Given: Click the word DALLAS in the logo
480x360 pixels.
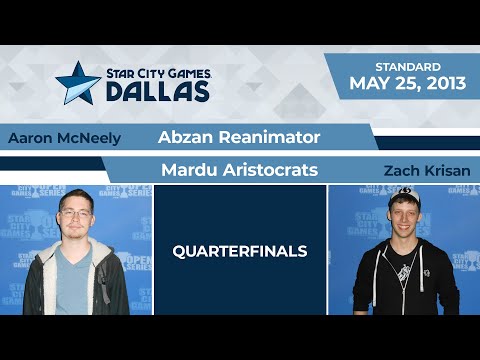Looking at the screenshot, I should tap(159, 92).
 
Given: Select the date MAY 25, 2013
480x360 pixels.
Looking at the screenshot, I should tap(407, 83).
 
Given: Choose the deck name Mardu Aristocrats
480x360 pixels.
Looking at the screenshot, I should tap(239, 170).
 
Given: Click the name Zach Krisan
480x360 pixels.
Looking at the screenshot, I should tap(425, 171).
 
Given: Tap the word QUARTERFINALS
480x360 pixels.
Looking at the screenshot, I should tap(239, 252).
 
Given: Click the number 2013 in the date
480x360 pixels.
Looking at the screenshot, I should tap(443, 83).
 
